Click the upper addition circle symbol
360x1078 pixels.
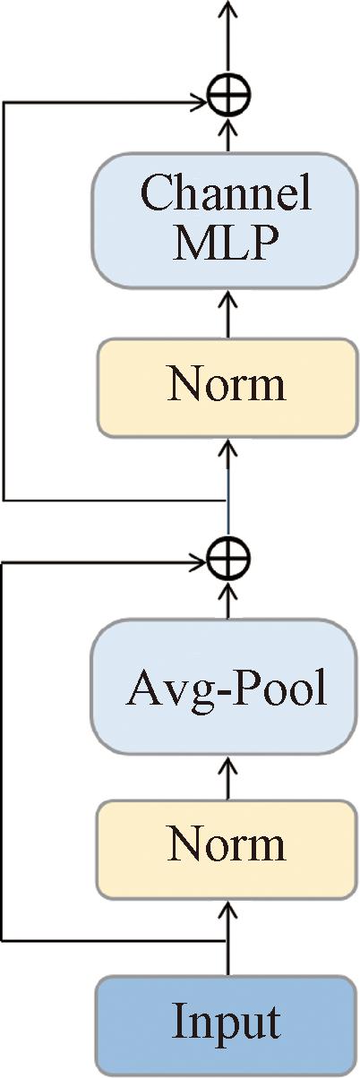229,95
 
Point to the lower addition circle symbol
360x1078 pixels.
228,559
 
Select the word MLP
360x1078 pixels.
227,244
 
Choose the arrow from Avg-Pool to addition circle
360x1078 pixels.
228,600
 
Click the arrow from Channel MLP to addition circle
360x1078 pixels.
228,134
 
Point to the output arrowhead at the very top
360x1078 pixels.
228,7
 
